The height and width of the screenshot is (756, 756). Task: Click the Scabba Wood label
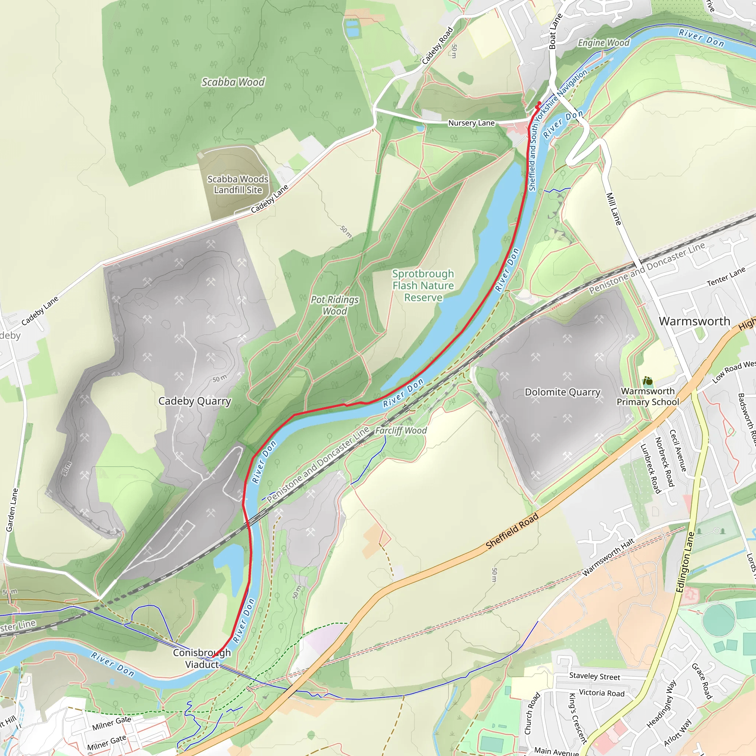[233, 82]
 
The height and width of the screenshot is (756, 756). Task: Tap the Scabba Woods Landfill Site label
[237, 184]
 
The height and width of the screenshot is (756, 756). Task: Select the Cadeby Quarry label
[195, 401]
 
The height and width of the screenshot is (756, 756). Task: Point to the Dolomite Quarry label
[562, 392]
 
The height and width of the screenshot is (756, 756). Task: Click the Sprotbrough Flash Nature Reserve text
[423, 286]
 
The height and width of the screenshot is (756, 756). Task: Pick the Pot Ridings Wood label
[334, 305]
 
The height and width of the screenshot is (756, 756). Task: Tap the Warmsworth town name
[694, 321]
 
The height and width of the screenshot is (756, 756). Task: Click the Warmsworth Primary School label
[647, 396]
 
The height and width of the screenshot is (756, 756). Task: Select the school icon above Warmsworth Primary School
[647, 381]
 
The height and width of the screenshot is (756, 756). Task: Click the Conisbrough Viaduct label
[202, 659]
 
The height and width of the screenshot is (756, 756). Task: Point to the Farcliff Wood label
[401, 430]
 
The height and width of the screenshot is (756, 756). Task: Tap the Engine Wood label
[604, 43]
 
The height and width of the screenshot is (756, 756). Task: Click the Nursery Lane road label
[471, 123]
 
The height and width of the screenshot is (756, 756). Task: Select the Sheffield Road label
[512, 531]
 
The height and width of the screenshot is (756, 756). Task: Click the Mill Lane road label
[614, 209]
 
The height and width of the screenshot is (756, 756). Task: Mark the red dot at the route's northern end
[539, 103]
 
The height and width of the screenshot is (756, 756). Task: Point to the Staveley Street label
[594, 676]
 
